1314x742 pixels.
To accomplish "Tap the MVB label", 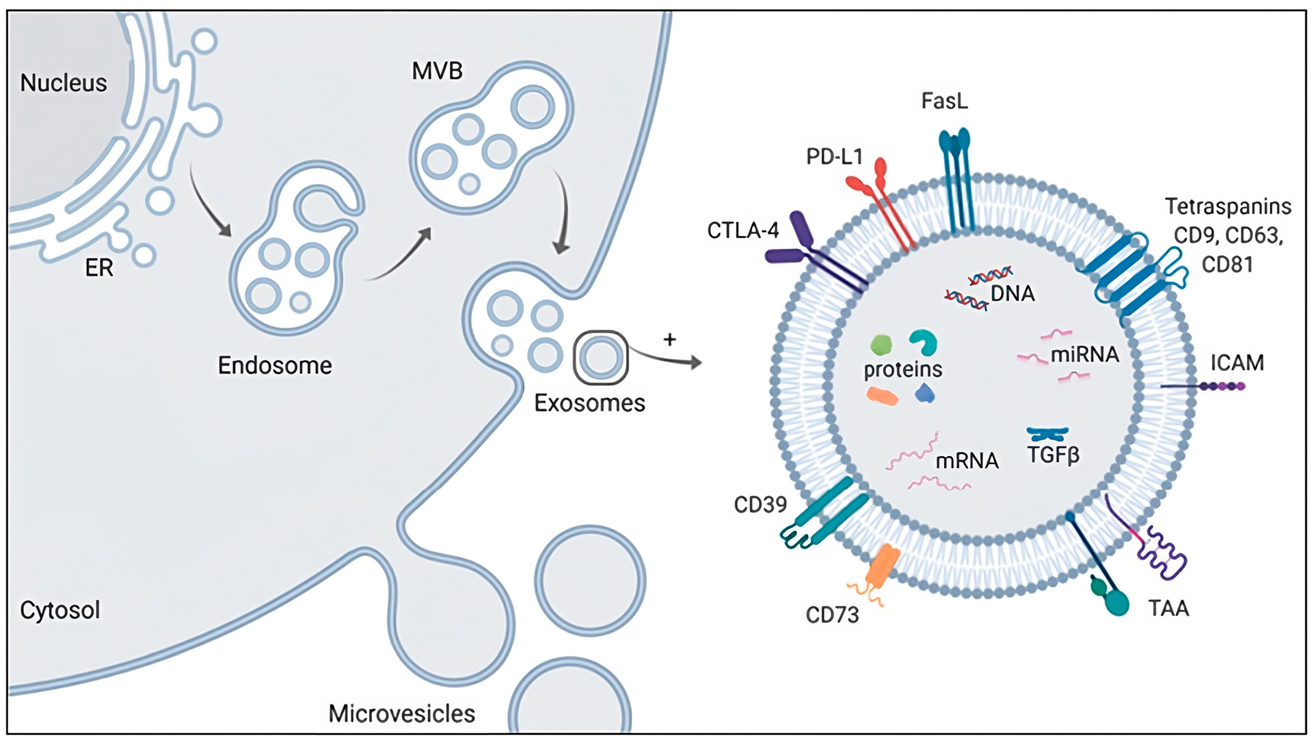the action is pos(437,71).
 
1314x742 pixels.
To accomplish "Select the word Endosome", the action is pos(275,365).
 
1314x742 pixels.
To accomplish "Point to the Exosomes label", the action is pos(589,403).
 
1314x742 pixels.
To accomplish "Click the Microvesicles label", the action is pos(401,713).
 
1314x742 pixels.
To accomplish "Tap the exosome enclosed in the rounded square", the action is pos(601,357).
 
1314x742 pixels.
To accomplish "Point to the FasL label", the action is pos(944,101).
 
